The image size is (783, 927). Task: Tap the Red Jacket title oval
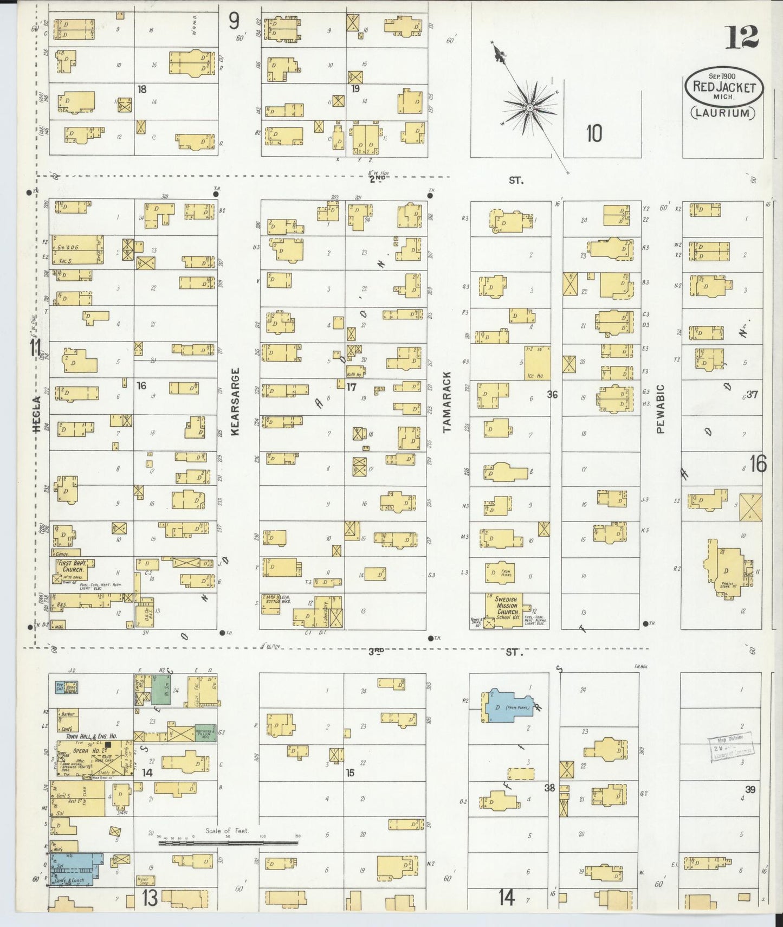pos(724,87)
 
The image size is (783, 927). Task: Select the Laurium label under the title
pos(723,113)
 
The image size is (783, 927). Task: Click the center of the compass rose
pos(529,108)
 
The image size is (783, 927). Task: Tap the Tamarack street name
pos(447,402)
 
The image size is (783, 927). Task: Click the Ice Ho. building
pos(537,363)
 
